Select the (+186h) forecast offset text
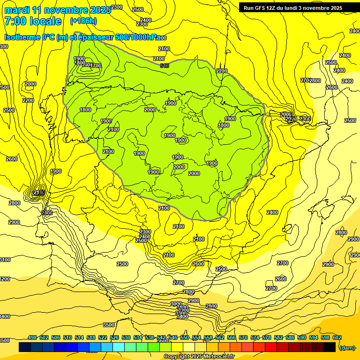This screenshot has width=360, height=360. (83, 21)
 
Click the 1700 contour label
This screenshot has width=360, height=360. (96, 66)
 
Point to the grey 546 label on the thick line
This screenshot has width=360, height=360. (164, 66)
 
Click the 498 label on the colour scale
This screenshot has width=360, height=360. (32, 337)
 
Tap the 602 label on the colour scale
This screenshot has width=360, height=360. (337, 337)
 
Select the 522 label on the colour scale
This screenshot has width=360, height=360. (103, 337)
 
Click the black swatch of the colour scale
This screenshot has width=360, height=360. (330, 347)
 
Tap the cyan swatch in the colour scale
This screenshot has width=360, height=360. (119, 347)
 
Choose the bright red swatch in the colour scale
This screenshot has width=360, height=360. (271, 347)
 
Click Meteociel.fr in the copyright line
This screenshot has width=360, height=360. (218, 357)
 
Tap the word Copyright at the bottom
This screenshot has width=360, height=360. (177, 357)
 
